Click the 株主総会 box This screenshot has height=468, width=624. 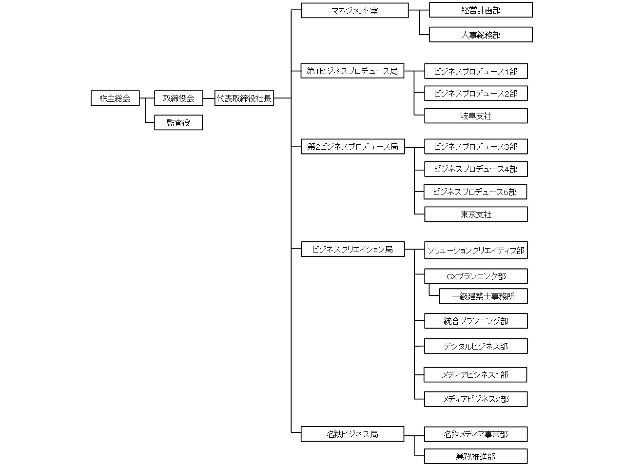coord(115,98)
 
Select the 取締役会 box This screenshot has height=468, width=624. coord(178,98)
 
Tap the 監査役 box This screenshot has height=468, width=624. coord(178,122)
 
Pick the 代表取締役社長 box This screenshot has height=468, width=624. coord(244,98)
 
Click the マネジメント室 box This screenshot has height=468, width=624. coord(355,11)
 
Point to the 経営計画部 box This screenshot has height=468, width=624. coord(481,10)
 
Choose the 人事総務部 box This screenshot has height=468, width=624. coord(481,35)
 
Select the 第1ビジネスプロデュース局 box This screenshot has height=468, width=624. coord(352,71)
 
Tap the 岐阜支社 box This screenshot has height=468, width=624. coord(476,116)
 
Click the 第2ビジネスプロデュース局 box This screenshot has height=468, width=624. coord(353,147)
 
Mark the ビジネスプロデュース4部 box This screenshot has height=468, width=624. coord(476,169)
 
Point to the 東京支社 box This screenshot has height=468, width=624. coord(476,214)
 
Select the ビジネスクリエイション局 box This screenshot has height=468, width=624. coord(353,249)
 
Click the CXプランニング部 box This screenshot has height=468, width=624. coord(476,276)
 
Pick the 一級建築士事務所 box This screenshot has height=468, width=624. coord(483,296)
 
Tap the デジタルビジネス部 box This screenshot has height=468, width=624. coord(476,346)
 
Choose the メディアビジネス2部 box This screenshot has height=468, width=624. coord(476,399)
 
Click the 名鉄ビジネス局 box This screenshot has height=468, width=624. coord(352,434)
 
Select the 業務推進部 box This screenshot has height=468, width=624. coord(476,456)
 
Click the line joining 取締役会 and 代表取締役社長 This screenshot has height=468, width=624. coord(209,98)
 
